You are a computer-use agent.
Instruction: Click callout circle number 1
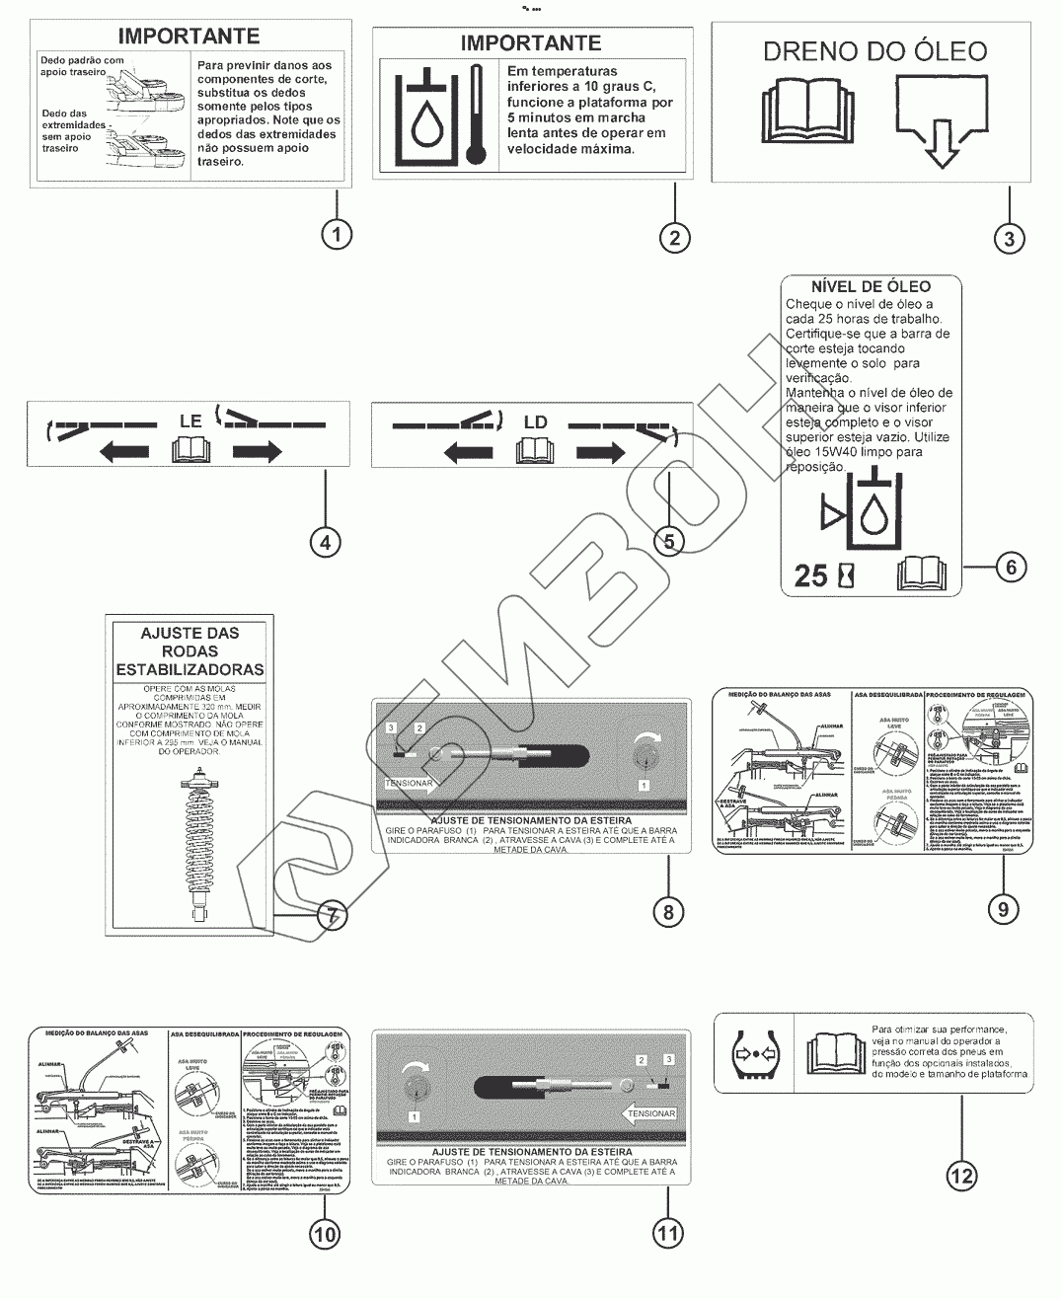[337, 234]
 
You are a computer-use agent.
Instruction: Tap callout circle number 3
[1008, 237]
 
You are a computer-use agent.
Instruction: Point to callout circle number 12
[961, 1176]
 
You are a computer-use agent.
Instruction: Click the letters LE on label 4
[190, 420]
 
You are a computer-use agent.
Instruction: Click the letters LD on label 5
[535, 421]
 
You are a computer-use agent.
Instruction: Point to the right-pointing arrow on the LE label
[258, 452]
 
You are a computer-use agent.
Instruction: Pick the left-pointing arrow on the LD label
[468, 453]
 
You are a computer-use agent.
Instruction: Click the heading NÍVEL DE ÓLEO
[870, 286]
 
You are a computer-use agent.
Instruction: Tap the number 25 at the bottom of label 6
[810, 574]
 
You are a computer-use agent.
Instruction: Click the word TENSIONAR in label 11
[652, 1113]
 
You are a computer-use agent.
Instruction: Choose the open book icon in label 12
[834, 1054]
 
